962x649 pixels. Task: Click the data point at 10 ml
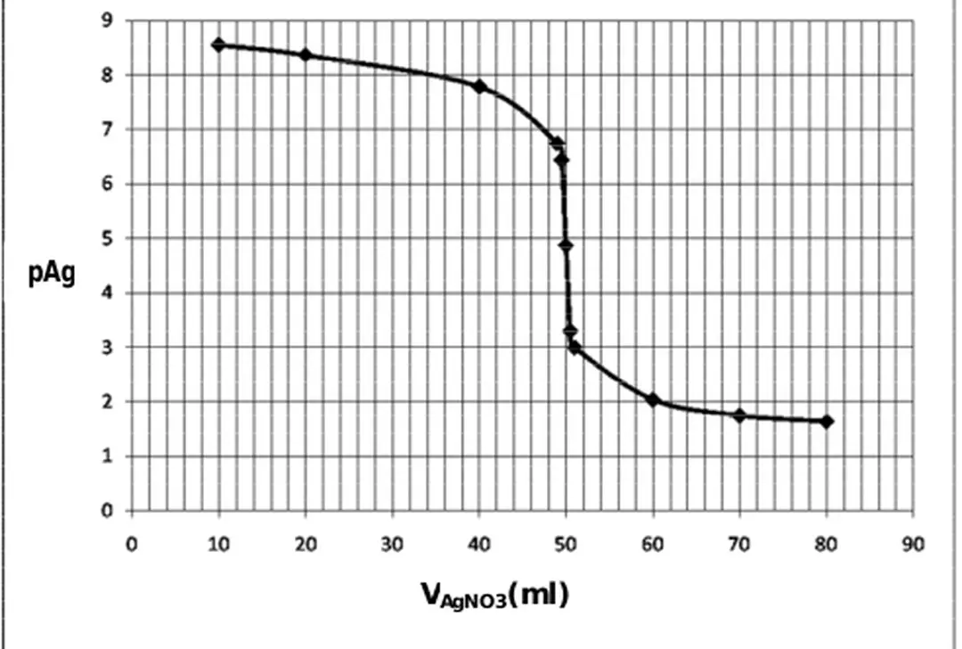point(218,45)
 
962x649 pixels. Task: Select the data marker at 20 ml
point(306,55)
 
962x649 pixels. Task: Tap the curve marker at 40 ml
point(479,86)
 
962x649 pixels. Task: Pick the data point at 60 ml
point(653,400)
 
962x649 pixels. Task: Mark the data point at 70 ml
point(739,415)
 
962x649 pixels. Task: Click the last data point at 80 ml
point(827,421)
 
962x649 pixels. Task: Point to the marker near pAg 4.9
point(566,245)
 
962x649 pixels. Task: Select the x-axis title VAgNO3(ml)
point(495,595)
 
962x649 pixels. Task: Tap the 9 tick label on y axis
point(108,21)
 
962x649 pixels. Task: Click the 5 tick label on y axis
point(108,238)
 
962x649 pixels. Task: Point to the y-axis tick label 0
point(108,511)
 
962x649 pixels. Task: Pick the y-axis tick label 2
point(108,402)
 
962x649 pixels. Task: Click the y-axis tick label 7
point(108,129)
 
